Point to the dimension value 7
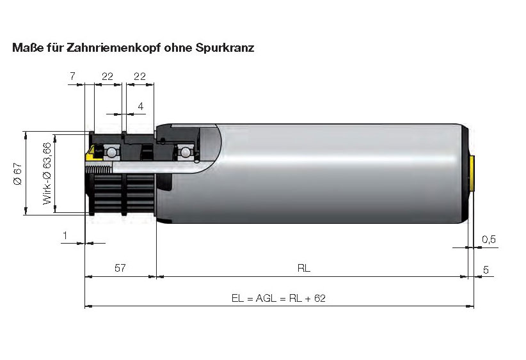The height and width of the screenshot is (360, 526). pos(73,76)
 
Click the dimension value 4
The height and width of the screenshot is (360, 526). pos(141,106)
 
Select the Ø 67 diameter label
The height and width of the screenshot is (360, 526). pos(18,173)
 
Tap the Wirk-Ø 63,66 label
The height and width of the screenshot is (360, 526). pos(47,173)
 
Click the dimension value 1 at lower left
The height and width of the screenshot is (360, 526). pos(65,236)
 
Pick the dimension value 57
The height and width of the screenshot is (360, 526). pos(120,269)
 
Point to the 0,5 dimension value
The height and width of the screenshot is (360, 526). pos(489,239)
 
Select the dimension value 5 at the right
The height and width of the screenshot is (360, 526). pos(486,270)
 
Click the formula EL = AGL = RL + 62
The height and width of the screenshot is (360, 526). pos(278,299)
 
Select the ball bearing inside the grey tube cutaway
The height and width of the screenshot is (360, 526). pos(186,152)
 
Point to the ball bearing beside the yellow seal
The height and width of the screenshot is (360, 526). pos(111,153)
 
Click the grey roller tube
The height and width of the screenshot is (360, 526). pos(333,173)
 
